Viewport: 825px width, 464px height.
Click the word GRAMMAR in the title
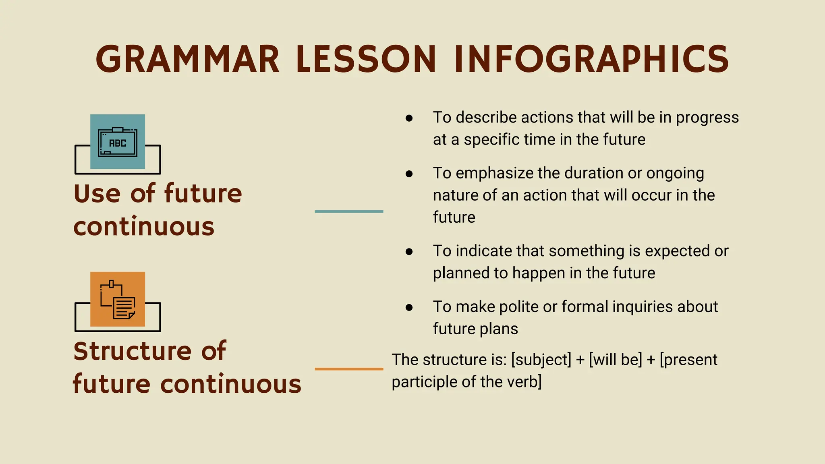(187, 59)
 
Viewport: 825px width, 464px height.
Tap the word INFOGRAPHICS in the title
(591, 59)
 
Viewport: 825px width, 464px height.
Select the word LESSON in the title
(366, 59)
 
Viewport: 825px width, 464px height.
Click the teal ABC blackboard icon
(118, 142)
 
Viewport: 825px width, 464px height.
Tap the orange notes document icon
(118, 299)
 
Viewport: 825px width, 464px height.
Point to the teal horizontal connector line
(349, 211)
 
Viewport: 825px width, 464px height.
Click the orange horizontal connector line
(349, 369)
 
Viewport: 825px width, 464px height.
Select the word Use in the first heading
(97, 193)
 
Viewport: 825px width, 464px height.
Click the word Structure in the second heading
(132, 351)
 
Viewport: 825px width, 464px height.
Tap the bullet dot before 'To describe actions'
(409, 118)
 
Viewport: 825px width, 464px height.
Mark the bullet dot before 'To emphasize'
(409, 174)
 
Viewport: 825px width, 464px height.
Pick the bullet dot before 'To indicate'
(409, 252)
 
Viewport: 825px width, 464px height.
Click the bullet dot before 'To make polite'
(409, 307)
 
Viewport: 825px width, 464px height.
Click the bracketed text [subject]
(541, 360)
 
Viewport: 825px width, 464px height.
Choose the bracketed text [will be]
(615, 360)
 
